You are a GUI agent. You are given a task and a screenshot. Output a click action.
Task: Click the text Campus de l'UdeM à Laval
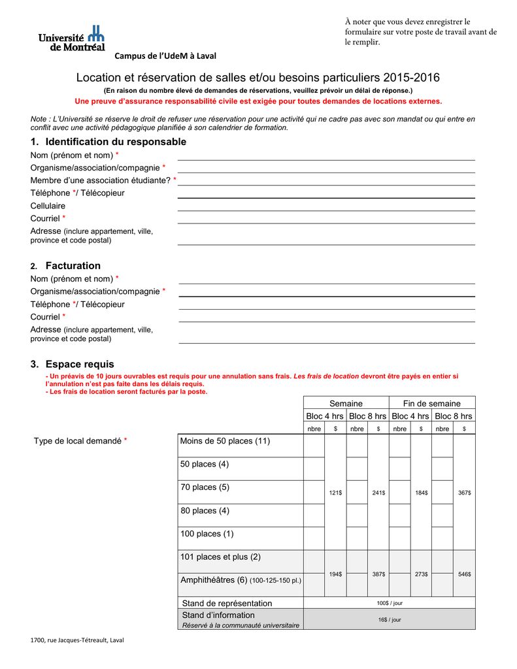[166, 56]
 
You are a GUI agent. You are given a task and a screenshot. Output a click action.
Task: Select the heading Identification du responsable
[108, 142]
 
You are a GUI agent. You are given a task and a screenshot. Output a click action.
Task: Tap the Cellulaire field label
[48, 206]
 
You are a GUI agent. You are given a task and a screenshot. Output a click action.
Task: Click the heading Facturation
[73, 265]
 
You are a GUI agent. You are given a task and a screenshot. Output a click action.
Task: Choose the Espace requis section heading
[73, 364]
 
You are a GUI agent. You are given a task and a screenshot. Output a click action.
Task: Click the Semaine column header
[346, 403]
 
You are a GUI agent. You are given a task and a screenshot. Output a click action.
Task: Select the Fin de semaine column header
[431, 403]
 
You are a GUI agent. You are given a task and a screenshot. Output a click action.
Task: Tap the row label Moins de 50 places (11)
[225, 441]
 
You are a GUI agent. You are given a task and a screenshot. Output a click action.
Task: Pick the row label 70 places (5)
[205, 487]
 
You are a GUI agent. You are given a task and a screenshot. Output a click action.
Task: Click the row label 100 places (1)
[207, 534]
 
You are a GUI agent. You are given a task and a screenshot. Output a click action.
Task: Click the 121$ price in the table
[335, 493]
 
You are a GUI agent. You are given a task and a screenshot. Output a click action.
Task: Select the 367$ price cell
[464, 493]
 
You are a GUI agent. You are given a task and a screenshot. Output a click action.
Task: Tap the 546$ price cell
[464, 574]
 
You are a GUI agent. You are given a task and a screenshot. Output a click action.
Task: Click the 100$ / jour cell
[390, 603]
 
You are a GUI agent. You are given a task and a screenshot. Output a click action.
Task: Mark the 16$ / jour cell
[390, 619]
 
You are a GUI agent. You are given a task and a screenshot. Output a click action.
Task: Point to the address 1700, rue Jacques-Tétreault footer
[77, 640]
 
